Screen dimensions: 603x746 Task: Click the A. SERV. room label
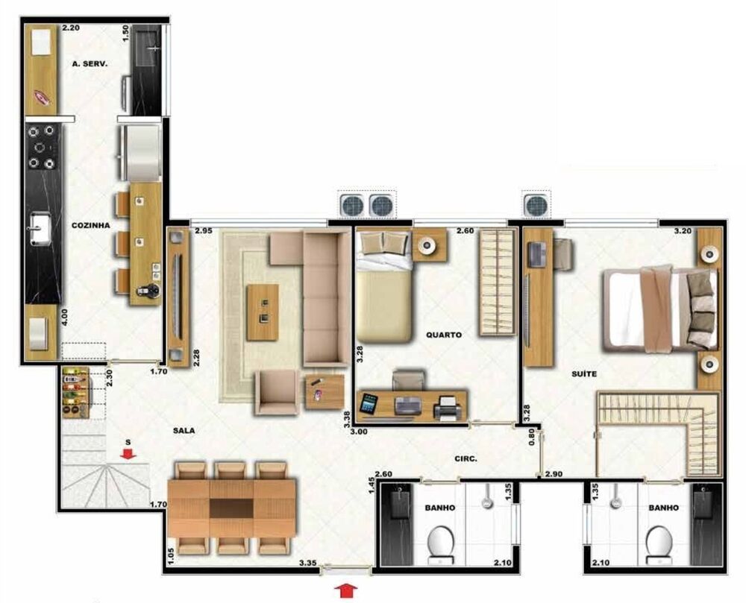pyautogui.click(x=90, y=64)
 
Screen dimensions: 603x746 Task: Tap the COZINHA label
pyautogui.click(x=91, y=225)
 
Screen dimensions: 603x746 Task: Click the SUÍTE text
pyautogui.click(x=585, y=373)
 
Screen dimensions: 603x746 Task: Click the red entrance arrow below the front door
pyautogui.click(x=344, y=592)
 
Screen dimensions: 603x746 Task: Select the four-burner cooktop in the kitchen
pyautogui.click(x=42, y=148)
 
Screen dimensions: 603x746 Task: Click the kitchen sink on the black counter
pyautogui.click(x=38, y=227)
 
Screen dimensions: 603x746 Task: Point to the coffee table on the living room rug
pyautogui.click(x=262, y=312)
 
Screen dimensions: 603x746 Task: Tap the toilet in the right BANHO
pyautogui.click(x=659, y=543)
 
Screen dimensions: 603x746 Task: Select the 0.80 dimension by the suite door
pyautogui.click(x=531, y=436)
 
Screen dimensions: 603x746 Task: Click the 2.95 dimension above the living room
pyautogui.click(x=204, y=233)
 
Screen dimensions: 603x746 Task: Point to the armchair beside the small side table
pyautogui.click(x=275, y=390)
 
